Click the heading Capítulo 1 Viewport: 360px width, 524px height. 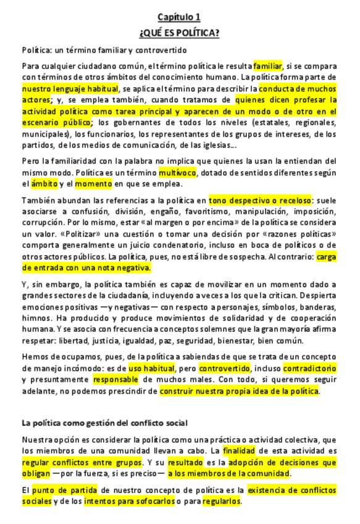(178, 17)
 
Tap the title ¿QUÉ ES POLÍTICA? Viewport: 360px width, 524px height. (179, 33)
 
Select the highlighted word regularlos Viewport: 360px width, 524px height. (221, 501)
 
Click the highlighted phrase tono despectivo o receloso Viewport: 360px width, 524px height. (260, 200)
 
